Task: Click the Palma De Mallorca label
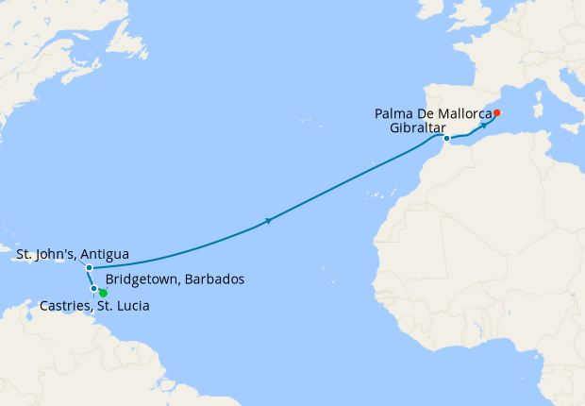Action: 434,114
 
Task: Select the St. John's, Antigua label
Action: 73,254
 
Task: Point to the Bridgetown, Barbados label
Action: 175,280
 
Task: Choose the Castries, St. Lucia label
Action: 94,306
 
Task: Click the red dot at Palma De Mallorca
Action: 497,113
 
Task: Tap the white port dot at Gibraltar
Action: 446,139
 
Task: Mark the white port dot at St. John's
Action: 89,267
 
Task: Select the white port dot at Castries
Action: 93,288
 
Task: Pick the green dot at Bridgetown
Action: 103,293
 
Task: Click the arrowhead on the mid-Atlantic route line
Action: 270,221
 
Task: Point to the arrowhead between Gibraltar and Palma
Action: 483,125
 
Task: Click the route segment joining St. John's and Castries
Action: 91,278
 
